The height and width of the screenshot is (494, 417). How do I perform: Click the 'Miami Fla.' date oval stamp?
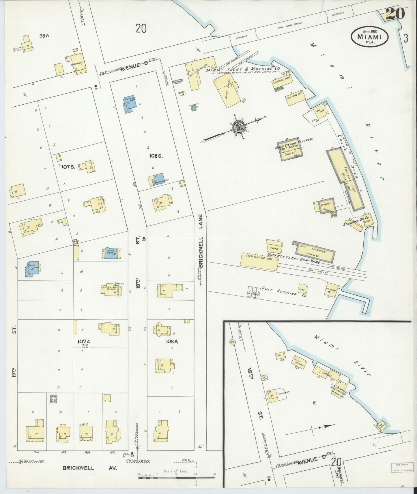[x=370, y=37]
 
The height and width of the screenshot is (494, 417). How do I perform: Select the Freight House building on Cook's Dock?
[x=345, y=179]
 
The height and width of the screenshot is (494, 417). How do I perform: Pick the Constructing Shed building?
[x=259, y=261]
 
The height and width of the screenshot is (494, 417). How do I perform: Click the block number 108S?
[x=156, y=156]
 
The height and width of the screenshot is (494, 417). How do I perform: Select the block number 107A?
[x=84, y=342]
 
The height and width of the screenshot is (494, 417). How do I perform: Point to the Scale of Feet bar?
[x=177, y=478]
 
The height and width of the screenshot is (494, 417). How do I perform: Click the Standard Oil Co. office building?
[x=368, y=220]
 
